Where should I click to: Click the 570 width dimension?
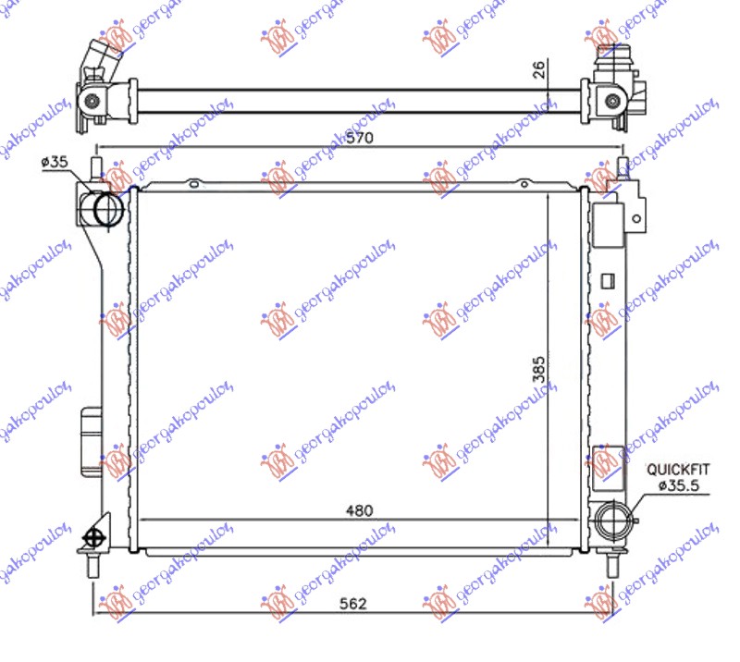[360, 139]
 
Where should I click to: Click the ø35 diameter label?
[55, 163]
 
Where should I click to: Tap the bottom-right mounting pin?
[611, 562]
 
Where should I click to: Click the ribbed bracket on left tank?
[92, 441]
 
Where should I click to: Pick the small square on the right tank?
[609, 278]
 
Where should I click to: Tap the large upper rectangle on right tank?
[608, 225]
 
